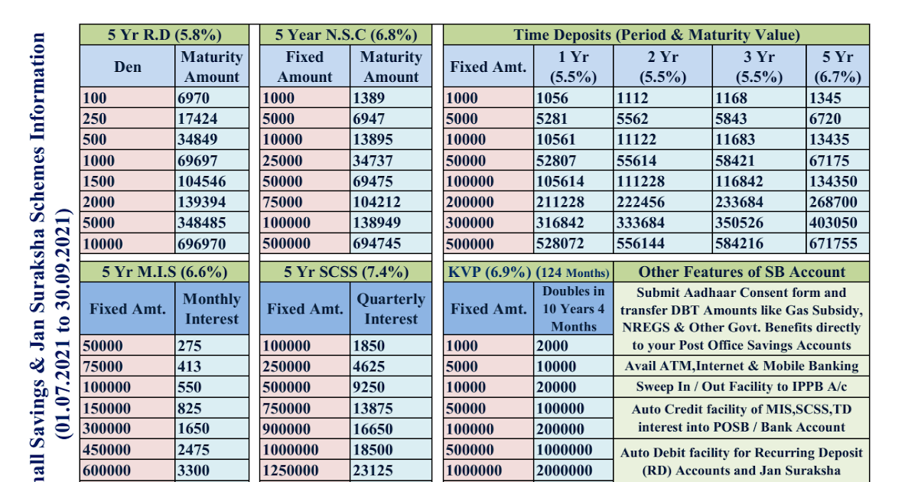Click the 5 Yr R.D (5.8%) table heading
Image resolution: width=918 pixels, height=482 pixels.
pos(164,35)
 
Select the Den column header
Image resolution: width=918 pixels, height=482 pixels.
pos(128,67)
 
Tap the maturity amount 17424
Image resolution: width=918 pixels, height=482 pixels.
pos(197,119)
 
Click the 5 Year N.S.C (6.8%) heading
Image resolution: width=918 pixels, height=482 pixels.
pos(346,35)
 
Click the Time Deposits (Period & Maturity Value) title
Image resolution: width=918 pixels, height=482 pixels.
pos(656,35)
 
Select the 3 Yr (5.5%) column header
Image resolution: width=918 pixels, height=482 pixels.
pos(759,67)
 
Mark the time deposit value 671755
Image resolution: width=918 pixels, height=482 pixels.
pos(834,243)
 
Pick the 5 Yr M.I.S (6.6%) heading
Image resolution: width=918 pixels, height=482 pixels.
pos(164,272)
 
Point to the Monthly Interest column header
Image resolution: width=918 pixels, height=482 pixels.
pos(212,309)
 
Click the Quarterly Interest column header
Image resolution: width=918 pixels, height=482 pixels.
pos(390,309)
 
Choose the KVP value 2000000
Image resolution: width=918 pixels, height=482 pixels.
pos(564,471)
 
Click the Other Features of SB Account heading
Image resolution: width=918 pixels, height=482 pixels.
pos(741,272)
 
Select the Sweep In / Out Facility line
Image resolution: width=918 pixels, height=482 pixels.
pos(741,387)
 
